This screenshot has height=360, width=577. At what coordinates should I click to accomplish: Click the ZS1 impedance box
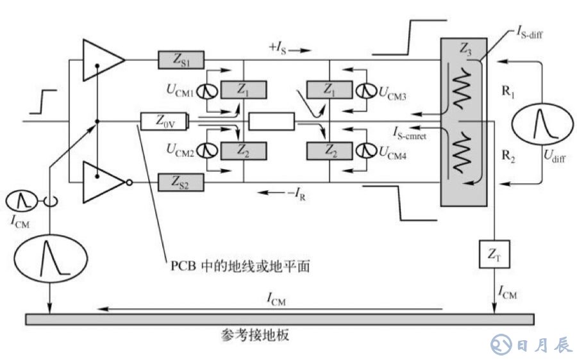(181, 60)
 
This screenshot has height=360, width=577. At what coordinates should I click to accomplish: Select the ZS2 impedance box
(181, 184)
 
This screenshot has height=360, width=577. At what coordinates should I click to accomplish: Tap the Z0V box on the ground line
(164, 120)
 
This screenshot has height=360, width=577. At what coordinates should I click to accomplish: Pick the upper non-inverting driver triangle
(103, 60)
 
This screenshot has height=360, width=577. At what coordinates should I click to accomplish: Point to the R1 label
(509, 91)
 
